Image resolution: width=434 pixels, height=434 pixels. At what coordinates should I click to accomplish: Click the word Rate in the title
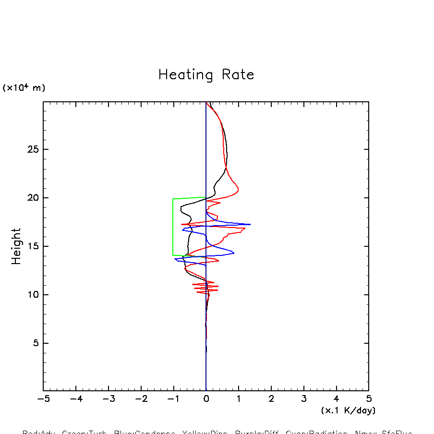238,75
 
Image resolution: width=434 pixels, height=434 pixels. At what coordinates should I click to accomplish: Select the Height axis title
17,246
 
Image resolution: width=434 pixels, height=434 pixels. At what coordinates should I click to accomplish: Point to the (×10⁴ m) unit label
24,88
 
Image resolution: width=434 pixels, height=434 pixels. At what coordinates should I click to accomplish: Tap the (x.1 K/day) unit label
348,410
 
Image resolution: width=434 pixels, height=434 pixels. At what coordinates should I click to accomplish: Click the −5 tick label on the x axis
43,399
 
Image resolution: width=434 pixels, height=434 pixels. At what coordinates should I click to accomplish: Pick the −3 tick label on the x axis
108,399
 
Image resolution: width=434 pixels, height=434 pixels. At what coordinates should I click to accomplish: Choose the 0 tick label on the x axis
206,399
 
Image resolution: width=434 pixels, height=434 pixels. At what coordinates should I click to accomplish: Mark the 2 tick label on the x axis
271,399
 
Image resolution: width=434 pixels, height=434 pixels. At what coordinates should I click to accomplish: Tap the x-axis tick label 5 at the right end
369,399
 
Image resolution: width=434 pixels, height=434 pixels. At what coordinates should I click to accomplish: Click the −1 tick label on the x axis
173,399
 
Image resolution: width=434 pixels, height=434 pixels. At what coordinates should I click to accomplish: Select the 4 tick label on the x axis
336,399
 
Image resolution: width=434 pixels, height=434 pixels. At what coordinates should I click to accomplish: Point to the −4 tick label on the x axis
76,399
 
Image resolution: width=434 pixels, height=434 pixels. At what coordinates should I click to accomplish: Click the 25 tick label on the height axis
31,149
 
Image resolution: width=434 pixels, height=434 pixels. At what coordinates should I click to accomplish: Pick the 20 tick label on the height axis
31,198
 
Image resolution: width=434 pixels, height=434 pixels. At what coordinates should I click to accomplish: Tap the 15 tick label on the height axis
31,246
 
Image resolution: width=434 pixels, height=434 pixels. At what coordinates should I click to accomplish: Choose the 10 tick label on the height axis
31,295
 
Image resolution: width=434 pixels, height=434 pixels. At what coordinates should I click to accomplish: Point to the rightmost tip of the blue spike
250,224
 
